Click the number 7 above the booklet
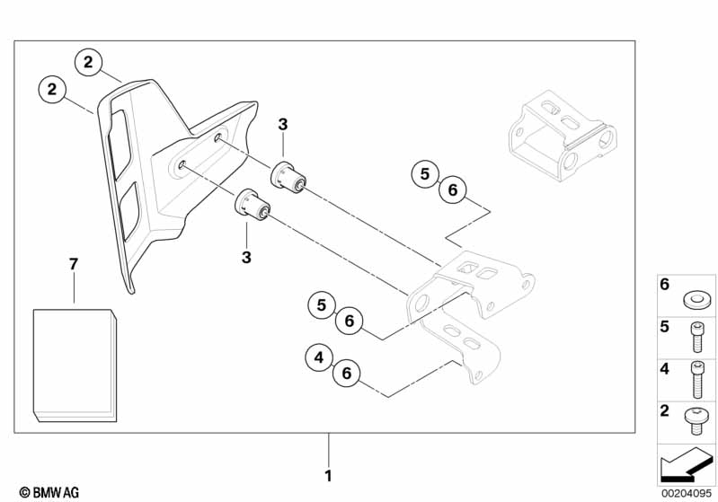(74, 263)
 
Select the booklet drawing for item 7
(75, 364)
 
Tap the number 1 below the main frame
(328, 474)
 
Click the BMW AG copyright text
(43, 492)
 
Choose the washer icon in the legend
(694, 298)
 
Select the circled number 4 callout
(316, 358)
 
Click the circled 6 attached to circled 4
(346, 374)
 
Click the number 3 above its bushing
(282, 125)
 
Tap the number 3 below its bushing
(246, 257)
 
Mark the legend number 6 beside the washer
(665, 285)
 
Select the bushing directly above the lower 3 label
(253, 204)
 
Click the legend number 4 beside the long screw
(665, 368)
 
